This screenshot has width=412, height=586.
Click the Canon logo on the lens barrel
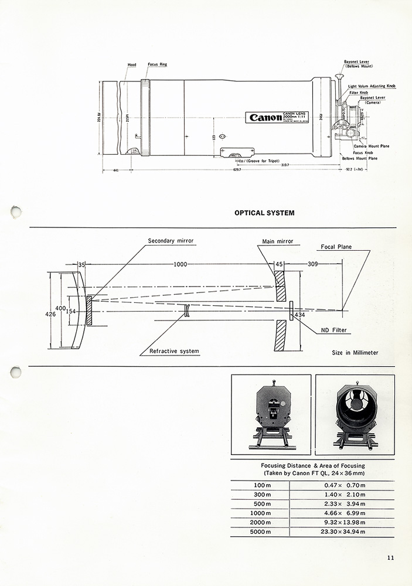(265, 117)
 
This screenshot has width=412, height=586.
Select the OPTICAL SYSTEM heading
(264, 213)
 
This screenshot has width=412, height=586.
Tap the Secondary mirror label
(171, 241)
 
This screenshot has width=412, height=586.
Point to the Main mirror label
(278, 241)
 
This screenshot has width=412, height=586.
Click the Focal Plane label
(336, 247)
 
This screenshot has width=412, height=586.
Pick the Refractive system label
(174, 351)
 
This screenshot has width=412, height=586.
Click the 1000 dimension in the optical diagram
(180, 264)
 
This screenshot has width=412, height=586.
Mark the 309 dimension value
(313, 264)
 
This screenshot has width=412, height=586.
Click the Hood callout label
(132, 65)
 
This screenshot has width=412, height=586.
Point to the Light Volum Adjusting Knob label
(372, 86)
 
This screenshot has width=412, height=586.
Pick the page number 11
(390, 557)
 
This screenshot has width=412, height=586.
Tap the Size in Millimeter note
(355, 353)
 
